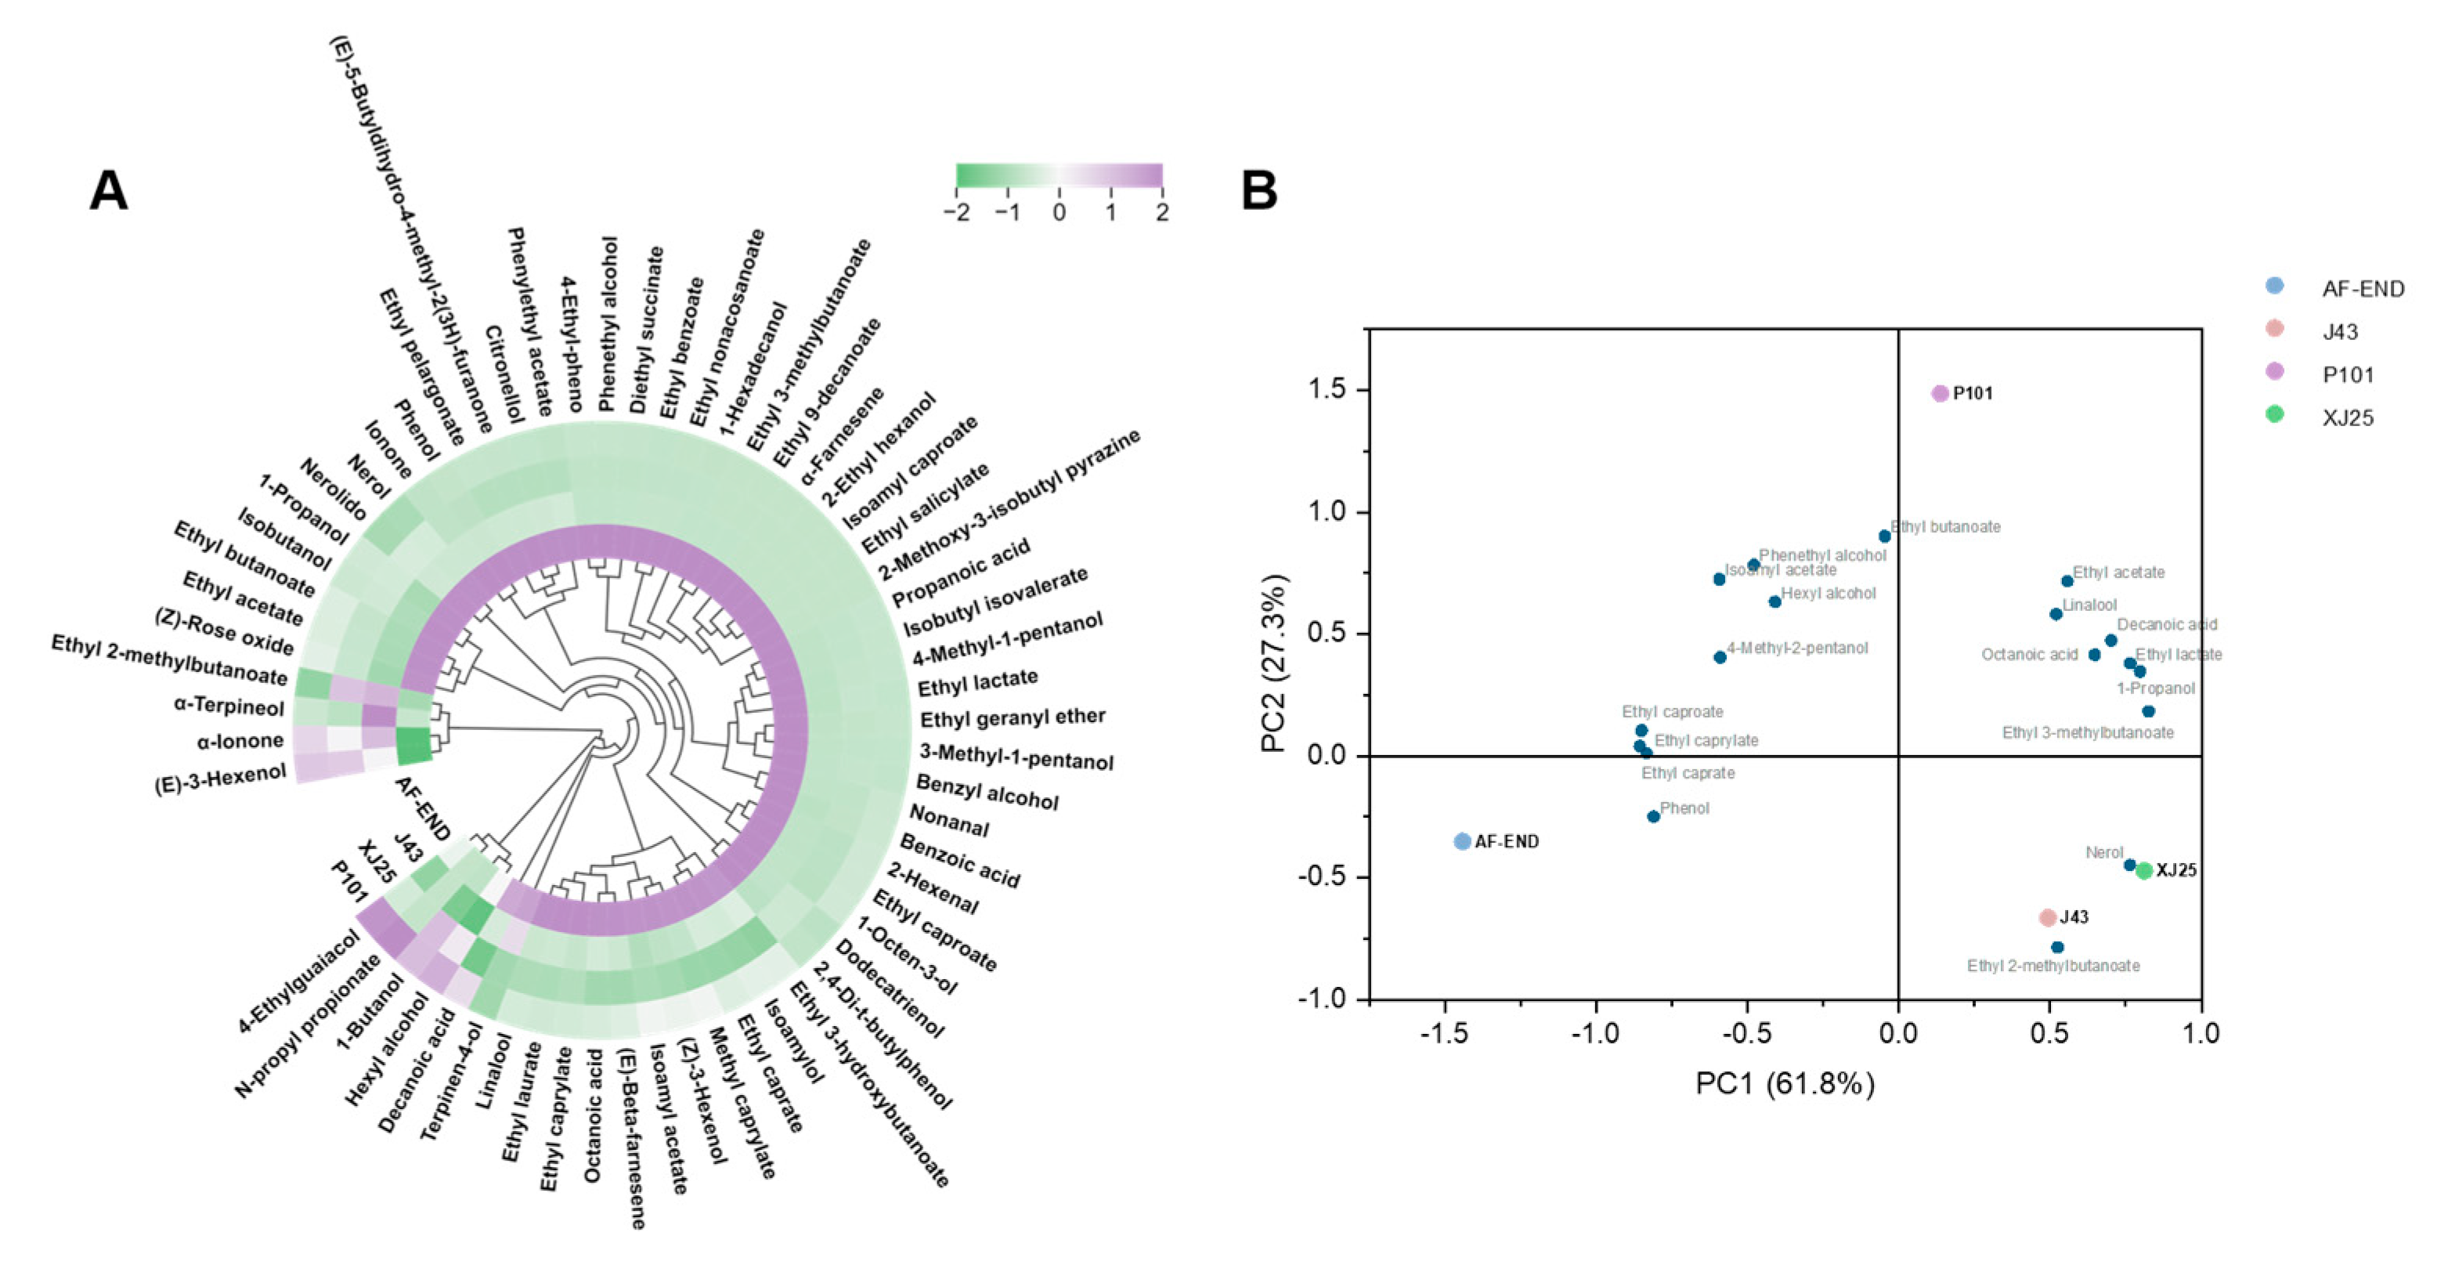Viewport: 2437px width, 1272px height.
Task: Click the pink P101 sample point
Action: pyautogui.click(x=1940, y=392)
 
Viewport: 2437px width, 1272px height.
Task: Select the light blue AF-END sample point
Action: pyautogui.click(x=1461, y=840)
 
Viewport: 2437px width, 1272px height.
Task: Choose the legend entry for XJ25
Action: pyautogui.click(x=2347, y=417)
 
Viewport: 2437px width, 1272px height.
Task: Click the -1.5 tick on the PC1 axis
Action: pyautogui.click(x=1444, y=1032)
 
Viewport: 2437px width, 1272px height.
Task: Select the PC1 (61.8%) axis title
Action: pyautogui.click(x=1784, y=1082)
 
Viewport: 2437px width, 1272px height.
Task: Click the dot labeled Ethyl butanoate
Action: pyautogui.click(x=1883, y=536)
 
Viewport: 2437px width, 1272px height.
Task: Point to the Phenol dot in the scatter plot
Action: pyautogui.click(x=1653, y=816)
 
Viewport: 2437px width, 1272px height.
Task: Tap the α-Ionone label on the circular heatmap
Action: pyautogui.click(x=240, y=741)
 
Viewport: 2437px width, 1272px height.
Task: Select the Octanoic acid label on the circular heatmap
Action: pyautogui.click(x=593, y=1115)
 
